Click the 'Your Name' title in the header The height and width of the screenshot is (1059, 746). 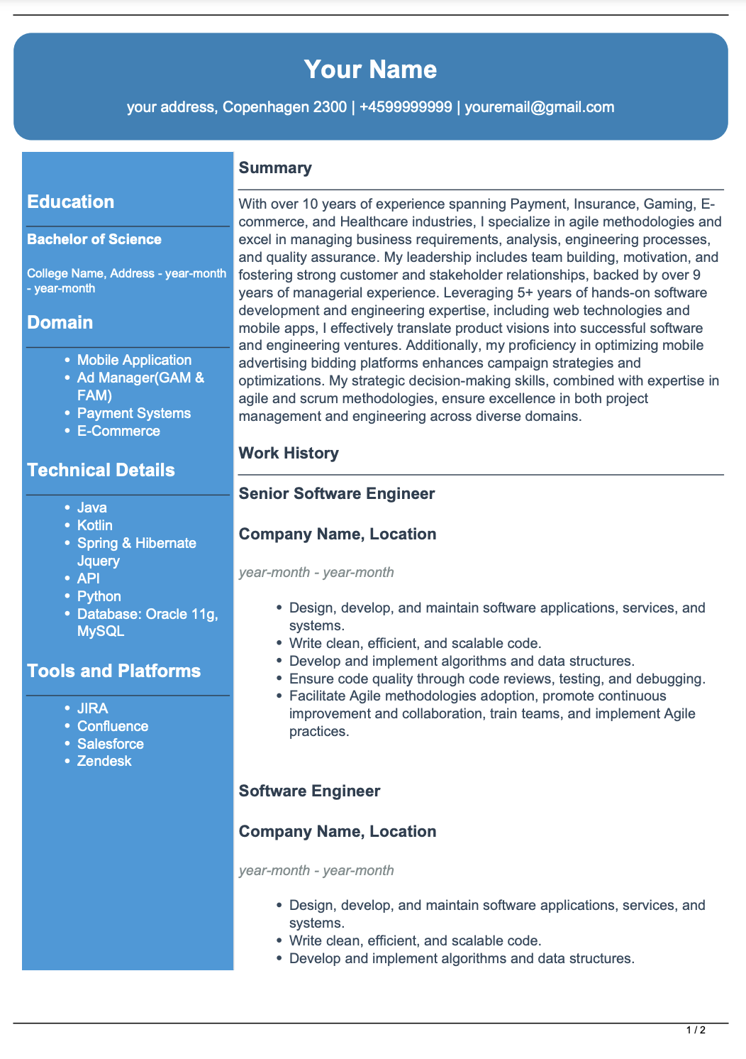click(370, 70)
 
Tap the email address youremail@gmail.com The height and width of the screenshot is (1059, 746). click(539, 107)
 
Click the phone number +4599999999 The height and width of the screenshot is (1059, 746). click(406, 107)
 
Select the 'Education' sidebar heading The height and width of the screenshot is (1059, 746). click(70, 202)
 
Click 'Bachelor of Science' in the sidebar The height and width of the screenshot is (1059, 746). click(94, 239)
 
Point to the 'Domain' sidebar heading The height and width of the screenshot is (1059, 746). click(60, 322)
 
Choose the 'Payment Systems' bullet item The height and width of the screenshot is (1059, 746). click(134, 413)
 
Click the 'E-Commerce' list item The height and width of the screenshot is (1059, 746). click(118, 431)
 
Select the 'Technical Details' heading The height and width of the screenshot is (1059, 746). click(101, 470)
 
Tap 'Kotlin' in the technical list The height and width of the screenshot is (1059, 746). click(95, 525)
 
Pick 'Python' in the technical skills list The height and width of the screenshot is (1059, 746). click(99, 596)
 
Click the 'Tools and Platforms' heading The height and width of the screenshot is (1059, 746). click(113, 671)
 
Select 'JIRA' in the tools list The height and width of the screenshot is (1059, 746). click(93, 708)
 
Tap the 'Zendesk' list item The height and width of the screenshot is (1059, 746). click(104, 761)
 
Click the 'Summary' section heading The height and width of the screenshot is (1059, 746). click(275, 168)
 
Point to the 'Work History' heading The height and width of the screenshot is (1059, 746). click(289, 453)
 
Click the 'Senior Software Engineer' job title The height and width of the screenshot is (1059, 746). click(337, 493)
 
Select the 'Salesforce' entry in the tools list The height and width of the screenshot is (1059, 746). click(111, 744)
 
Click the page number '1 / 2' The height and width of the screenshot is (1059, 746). click(696, 1030)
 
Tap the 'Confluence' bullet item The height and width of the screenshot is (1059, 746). click(113, 726)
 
